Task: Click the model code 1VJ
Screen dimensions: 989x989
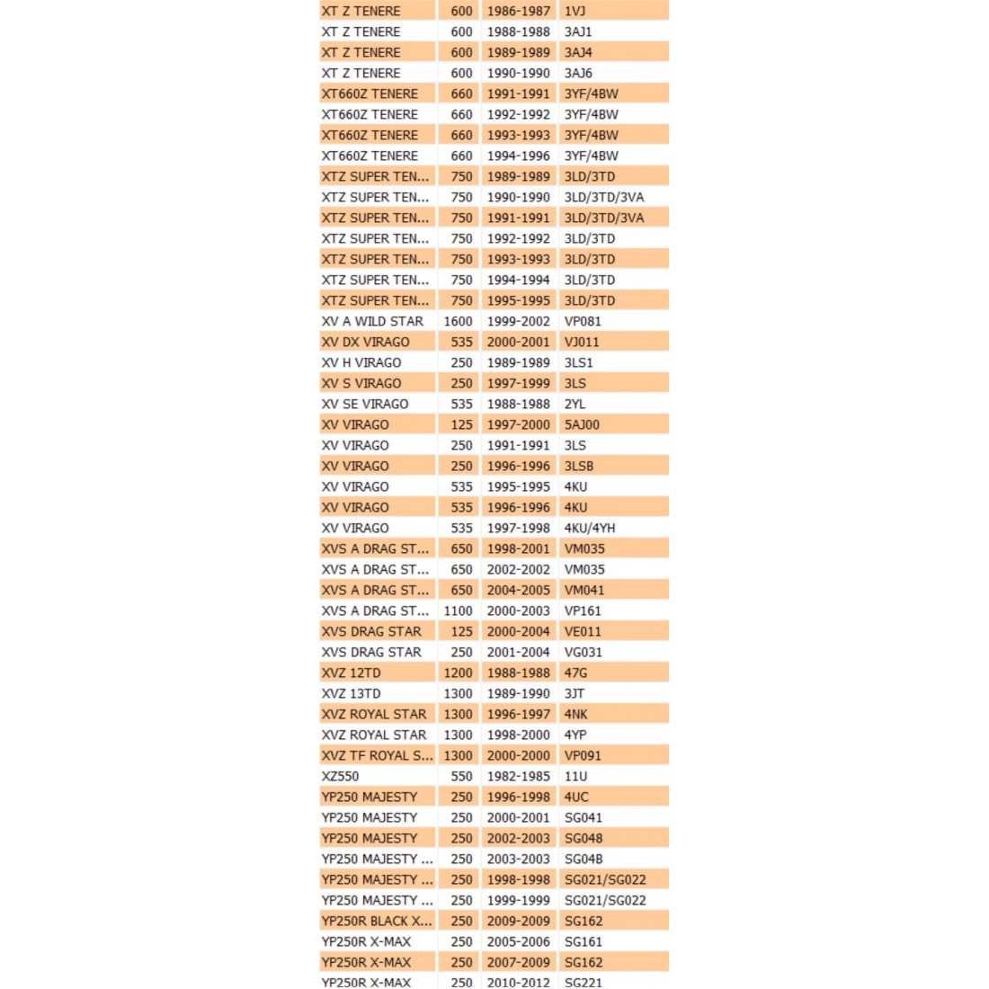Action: (x=575, y=11)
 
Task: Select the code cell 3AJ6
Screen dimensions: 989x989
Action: (x=578, y=73)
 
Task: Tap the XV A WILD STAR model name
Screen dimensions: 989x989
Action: (x=372, y=321)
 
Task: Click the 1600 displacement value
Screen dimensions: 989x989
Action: (x=458, y=321)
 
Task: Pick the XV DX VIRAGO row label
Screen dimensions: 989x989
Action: (x=365, y=342)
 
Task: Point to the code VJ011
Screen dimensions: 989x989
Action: (x=582, y=342)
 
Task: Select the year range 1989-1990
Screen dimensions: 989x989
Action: (x=518, y=693)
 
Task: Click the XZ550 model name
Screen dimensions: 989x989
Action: (x=340, y=776)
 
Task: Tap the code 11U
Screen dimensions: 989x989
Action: (x=575, y=776)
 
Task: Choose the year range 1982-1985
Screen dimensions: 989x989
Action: (x=518, y=776)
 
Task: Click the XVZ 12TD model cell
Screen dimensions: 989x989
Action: (x=351, y=673)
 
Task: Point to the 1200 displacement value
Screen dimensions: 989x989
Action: (x=458, y=673)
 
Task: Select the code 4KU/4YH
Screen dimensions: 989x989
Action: (x=590, y=528)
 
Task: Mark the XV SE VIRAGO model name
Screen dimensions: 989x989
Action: (x=365, y=404)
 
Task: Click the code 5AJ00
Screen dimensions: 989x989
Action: (x=582, y=424)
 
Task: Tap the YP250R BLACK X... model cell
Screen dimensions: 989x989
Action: (x=377, y=921)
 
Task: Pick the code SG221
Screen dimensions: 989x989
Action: (x=584, y=982)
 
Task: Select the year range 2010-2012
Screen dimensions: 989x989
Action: (x=518, y=982)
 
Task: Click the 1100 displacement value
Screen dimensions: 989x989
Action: (x=458, y=610)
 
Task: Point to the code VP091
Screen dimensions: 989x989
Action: (x=583, y=755)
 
